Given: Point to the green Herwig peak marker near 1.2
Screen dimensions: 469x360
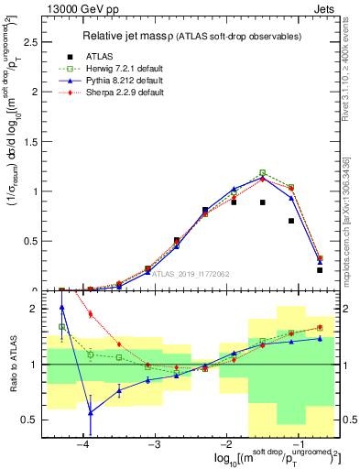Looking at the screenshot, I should [263, 172].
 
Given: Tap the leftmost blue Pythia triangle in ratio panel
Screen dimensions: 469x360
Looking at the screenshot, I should [61, 308].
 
